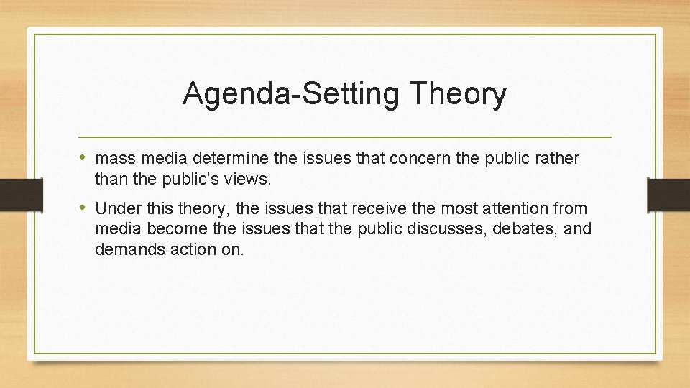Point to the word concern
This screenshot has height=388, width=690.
[x=412, y=158]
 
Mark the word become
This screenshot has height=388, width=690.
[x=172, y=229]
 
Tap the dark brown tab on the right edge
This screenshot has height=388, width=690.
[x=668, y=195]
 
